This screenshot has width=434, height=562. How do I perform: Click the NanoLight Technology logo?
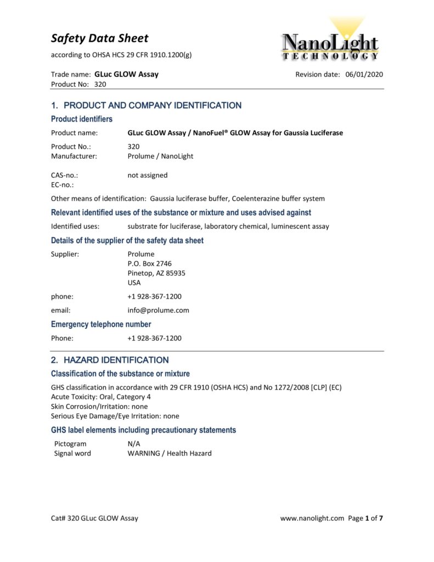[330, 40]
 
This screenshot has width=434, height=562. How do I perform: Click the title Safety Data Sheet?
[99, 38]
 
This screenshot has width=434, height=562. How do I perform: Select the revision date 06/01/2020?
[364, 75]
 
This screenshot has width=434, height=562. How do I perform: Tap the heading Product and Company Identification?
[146, 105]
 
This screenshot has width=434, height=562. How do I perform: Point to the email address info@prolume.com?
[158, 310]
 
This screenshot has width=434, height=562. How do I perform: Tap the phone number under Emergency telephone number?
[154, 338]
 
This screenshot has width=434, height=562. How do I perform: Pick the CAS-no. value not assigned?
[148, 175]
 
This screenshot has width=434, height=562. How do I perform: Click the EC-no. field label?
[63, 185]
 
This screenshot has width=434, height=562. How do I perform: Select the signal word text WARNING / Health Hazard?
[170, 453]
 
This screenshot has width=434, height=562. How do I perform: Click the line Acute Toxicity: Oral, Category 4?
[101, 397]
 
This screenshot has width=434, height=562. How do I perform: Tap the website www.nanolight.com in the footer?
[312, 518]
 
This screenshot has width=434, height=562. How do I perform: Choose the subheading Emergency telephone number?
[101, 324]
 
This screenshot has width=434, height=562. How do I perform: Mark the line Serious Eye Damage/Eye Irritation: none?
[115, 416]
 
